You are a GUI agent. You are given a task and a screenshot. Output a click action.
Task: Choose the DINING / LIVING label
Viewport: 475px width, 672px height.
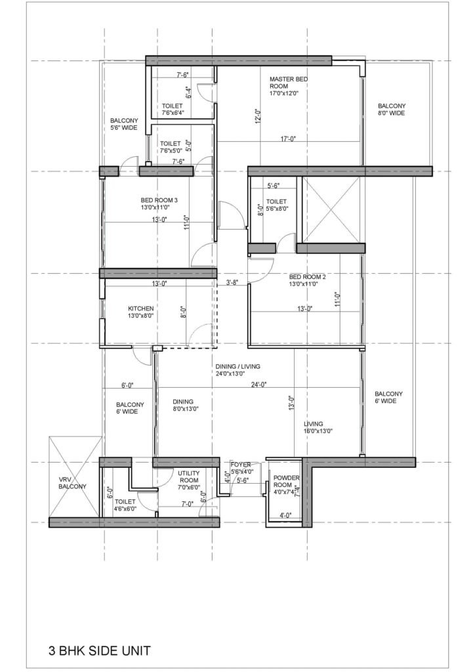239,369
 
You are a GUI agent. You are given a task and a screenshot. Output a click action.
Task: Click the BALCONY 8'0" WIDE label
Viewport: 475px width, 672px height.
392,110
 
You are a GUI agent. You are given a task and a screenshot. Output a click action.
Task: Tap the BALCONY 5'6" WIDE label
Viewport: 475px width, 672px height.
124,124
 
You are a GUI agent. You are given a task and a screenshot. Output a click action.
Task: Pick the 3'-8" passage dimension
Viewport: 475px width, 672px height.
232,283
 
